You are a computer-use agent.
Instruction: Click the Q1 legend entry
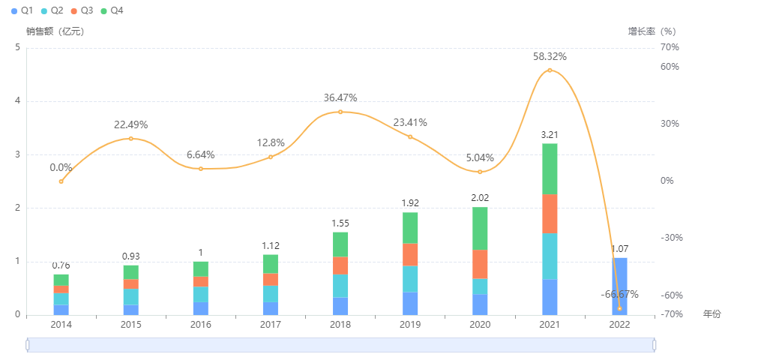pyautogui.click(x=22, y=11)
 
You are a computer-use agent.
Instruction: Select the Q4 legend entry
pyautogui.click(x=112, y=11)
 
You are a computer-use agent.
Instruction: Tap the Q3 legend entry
pyautogui.click(x=82, y=11)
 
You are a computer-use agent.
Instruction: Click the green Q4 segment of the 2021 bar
pyautogui.click(x=550, y=169)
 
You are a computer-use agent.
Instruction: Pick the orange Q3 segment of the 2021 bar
pyautogui.click(x=550, y=214)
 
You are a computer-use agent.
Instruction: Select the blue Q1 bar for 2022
pyautogui.click(x=619, y=286)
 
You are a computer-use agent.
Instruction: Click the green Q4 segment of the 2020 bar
pyautogui.click(x=480, y=229)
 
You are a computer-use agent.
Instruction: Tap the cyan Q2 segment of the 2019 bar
pyautogui.click(x=410, y=279)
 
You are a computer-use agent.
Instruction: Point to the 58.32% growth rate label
pyautogui.click(x=550, y=56)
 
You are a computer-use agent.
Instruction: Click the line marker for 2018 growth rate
pyautogui.click(x=340, y=112)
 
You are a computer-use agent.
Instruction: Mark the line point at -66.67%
pyautogui.click(x=619, y=308)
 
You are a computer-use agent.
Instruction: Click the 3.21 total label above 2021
pyautogui.click(x=550, y=135)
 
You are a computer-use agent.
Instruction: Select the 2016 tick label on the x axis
pyautogui.click(x=201, y=325)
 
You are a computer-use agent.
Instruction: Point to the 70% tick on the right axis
pyautogui.click(x=670, y=47)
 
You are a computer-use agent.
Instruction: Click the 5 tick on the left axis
pyautogui.click(x=17, y=47)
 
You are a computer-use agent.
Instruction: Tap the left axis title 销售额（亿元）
pyautogui.click(x=55, y=31)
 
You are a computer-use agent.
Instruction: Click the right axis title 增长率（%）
pyautogui.click(x=652, y=31)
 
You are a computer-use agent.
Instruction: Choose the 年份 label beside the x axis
pyautogui.click(x=712, y=313)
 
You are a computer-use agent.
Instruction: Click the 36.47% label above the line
pyautogui.click(x=340, y=97)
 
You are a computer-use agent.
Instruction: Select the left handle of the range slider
pyautogui.click(x=28, y=344)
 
